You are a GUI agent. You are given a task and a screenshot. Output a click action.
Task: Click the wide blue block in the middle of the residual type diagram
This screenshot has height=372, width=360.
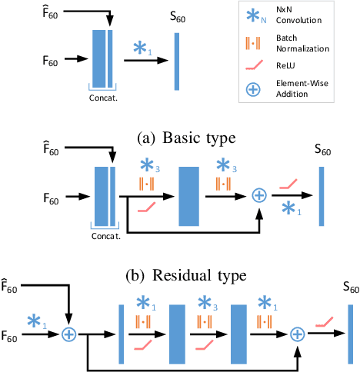click(x=189, y=195)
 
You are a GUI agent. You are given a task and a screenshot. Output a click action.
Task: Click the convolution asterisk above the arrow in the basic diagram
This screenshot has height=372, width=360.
click(x=141, y=48)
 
